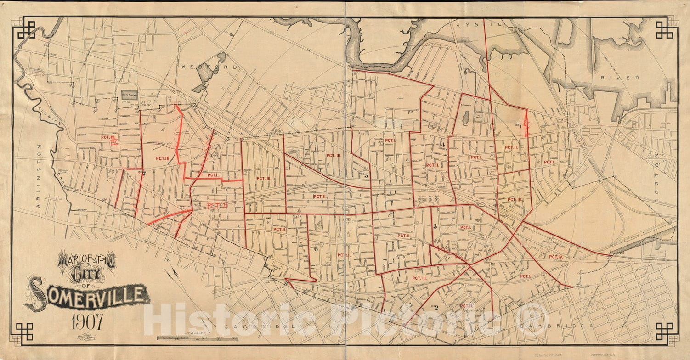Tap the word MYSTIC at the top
point(474,25)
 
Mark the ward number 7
point(144,174)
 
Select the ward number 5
point(366,175)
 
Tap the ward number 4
point(443,145)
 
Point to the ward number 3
point(434,225)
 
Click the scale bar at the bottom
point(198,338)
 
